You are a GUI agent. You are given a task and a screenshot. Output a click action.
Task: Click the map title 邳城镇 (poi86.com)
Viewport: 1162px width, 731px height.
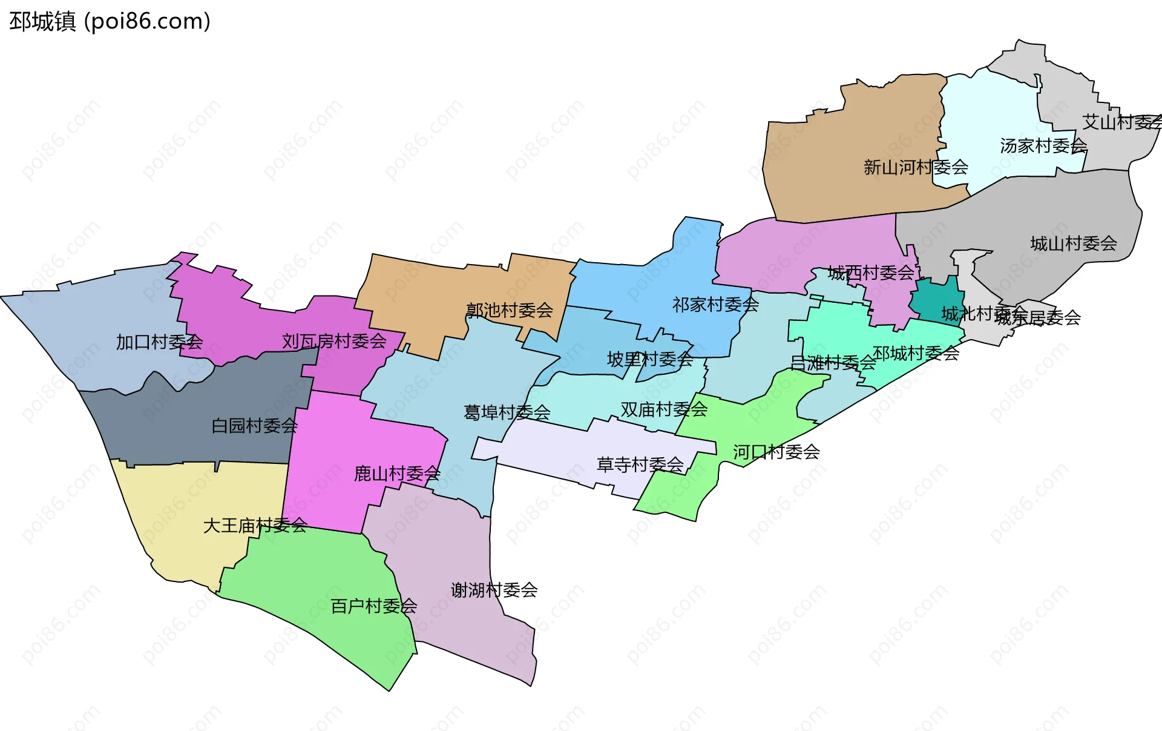[x=110, y=21]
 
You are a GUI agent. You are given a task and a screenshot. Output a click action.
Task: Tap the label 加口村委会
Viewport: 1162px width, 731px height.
[x=159, y=342]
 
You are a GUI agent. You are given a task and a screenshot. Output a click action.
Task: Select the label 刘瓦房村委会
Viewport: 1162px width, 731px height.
[x=334, y=342]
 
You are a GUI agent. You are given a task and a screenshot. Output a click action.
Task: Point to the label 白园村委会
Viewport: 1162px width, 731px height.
[x=254, y=426]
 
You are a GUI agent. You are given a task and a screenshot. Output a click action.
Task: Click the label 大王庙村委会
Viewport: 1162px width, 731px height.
[x=255, y=525]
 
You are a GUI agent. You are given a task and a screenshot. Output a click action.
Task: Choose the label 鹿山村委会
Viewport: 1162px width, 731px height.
[x=397, y=474]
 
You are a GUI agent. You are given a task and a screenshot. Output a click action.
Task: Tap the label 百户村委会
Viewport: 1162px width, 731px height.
[x=373, y=606]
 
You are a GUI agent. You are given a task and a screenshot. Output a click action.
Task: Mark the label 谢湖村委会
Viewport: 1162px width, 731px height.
[x=494, y=590]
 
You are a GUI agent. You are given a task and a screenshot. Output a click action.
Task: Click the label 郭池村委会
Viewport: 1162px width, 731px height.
[x=509, y=311]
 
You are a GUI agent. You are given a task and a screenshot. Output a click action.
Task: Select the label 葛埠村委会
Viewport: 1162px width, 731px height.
[x=507, y=412]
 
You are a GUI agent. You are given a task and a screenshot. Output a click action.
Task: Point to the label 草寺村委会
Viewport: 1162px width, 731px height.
[x=640, y=465]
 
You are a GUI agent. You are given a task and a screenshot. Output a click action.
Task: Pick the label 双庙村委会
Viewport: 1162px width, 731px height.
[x=664, y=409]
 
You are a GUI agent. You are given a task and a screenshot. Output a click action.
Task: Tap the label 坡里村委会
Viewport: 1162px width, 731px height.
[x=649, y=359]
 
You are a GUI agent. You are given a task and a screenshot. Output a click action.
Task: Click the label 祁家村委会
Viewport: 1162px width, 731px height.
[x=715, y=305]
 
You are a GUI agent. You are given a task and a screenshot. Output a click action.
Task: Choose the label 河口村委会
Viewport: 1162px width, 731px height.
[x=776, y=452]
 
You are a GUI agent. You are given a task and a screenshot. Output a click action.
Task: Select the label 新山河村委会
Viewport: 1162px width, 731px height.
[x=916, y=167]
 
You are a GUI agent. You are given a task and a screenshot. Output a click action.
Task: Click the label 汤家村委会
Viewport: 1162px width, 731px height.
[x=1043, y=145]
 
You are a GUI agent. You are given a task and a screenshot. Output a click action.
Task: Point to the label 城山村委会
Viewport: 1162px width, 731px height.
[x=1073, y=243]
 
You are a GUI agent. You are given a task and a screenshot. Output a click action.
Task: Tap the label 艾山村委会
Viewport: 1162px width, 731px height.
[x=1121, y=122]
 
